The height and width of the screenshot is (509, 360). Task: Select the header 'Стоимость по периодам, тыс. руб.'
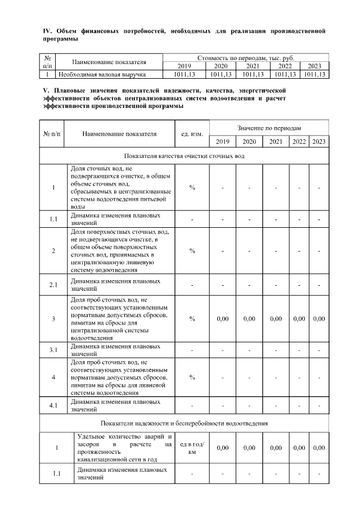pyautogui.click(x=245, y=58)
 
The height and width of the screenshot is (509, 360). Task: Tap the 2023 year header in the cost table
pyautogui.click(x=314, y=66)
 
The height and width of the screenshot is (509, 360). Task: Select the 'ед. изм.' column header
pyautogui.click(x=192, y=134)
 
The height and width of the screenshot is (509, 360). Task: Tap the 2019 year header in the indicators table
pyautogui.click(x=222, y=141)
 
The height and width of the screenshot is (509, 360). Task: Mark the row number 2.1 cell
pyautogui.click(x=53, y=285)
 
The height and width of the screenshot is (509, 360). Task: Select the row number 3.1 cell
pyautogui.click(x=53, y=350)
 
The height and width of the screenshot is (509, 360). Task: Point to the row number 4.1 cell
pyautogui.click(x=53, y=406)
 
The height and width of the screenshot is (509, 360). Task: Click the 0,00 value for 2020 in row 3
pyautogui.click(x=249, y=319)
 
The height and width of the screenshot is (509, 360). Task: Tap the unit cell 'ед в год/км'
pyautogui.click(x=192, y=448)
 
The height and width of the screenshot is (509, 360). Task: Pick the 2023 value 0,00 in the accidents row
pyautogui.click(x=319, y=448)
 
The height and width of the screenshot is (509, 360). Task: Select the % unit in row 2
pyautogui.click(x=192, y=251)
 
